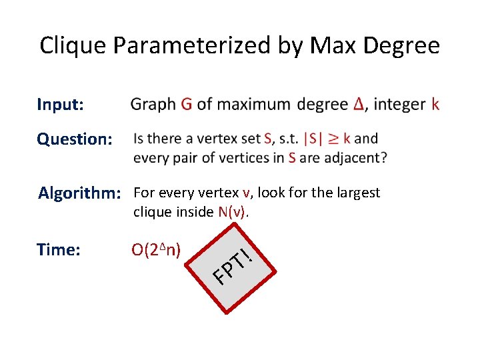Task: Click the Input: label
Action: click(x=60, y=105)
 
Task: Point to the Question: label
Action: click(x=74, y=139)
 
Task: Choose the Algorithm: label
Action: click(x=79, y=193)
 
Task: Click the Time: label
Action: click(x=59, y=249)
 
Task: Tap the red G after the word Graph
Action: click(x=187, y=105)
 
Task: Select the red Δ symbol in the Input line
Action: click(x=359, y=105)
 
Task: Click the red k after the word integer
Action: click(x=435, y=105)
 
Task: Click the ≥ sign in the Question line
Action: click(x=343, y=139)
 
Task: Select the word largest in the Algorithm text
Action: click(x=357, y=193)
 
